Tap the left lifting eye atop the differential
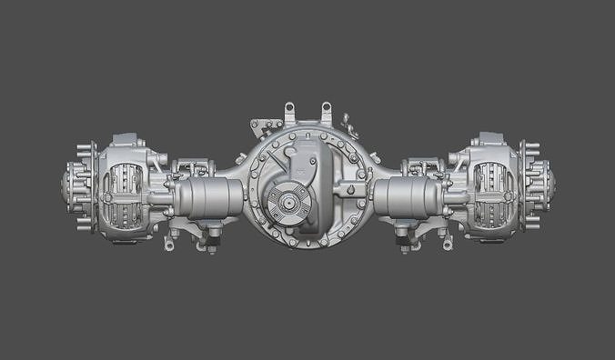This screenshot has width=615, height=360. (x=290, y=112)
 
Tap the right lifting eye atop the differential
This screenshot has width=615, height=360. (x=325, y=112)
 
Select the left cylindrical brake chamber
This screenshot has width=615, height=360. (x=212, y=196)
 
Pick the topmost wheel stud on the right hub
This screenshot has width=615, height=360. (x=529, y=144)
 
